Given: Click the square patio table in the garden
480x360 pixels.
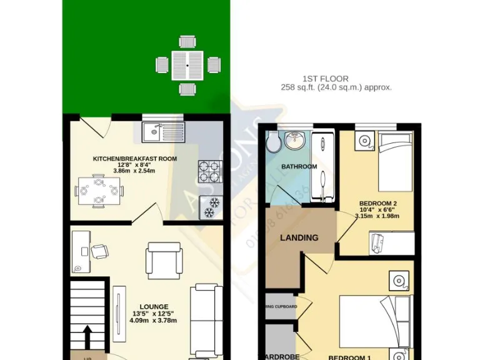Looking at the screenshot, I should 188,64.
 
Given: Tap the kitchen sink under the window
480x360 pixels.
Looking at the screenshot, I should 164,131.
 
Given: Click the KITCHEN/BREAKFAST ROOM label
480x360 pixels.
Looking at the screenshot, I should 134,159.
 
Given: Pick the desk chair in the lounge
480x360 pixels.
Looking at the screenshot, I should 99,251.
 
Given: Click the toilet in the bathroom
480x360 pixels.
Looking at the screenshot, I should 272,144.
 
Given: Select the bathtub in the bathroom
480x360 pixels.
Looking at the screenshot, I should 322,163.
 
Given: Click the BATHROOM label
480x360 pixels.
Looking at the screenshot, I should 299,167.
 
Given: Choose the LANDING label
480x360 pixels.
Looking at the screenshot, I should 299,237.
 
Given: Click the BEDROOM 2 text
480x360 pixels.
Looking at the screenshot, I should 378,203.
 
